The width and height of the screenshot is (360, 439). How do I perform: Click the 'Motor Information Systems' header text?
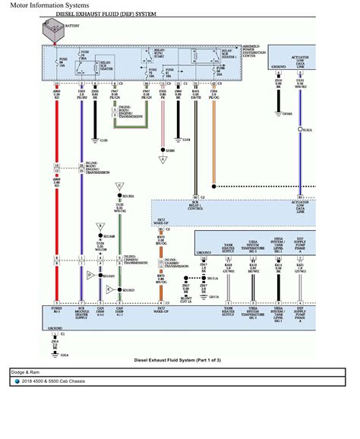(41, 5)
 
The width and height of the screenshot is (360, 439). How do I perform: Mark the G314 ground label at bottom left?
(64, 354)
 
